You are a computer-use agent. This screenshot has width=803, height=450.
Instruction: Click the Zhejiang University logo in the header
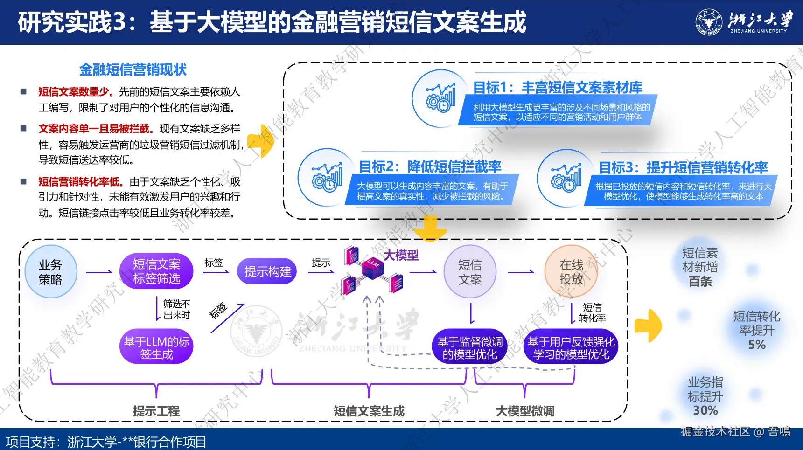coord(708,22)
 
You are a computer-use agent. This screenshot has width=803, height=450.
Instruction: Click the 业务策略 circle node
coord(50,272)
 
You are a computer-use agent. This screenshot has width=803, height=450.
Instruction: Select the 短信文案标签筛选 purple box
coord(156,271)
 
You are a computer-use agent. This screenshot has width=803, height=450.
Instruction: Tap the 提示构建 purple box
coord(267,271)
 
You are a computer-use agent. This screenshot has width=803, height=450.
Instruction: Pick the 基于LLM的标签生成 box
coord(156,348)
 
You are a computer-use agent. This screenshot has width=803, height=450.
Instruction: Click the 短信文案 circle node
coord(470,272)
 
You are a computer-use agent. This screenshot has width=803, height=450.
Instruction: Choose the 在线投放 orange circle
coord(571,272)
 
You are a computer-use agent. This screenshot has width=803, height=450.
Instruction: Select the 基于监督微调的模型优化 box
coord(470,348)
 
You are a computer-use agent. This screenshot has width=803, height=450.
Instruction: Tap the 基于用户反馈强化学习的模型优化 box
coord(571,348)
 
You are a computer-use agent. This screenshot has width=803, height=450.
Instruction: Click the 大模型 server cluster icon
coord(372,270)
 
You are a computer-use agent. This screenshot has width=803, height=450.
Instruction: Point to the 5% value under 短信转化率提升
coord(757,345)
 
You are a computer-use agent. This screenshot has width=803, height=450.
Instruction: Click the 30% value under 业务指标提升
coord(705,410)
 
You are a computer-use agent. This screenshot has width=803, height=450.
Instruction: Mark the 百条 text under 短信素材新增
coord(700,282)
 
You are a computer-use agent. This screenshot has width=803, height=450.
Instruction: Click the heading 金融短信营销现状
coord(133,70)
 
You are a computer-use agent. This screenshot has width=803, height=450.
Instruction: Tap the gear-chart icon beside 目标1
coord(440,98)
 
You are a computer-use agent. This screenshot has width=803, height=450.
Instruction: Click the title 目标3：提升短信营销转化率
coord(683,167)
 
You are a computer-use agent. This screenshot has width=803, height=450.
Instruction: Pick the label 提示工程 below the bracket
coord(156,411)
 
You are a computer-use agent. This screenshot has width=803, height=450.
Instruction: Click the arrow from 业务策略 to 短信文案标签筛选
coord(99,272)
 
